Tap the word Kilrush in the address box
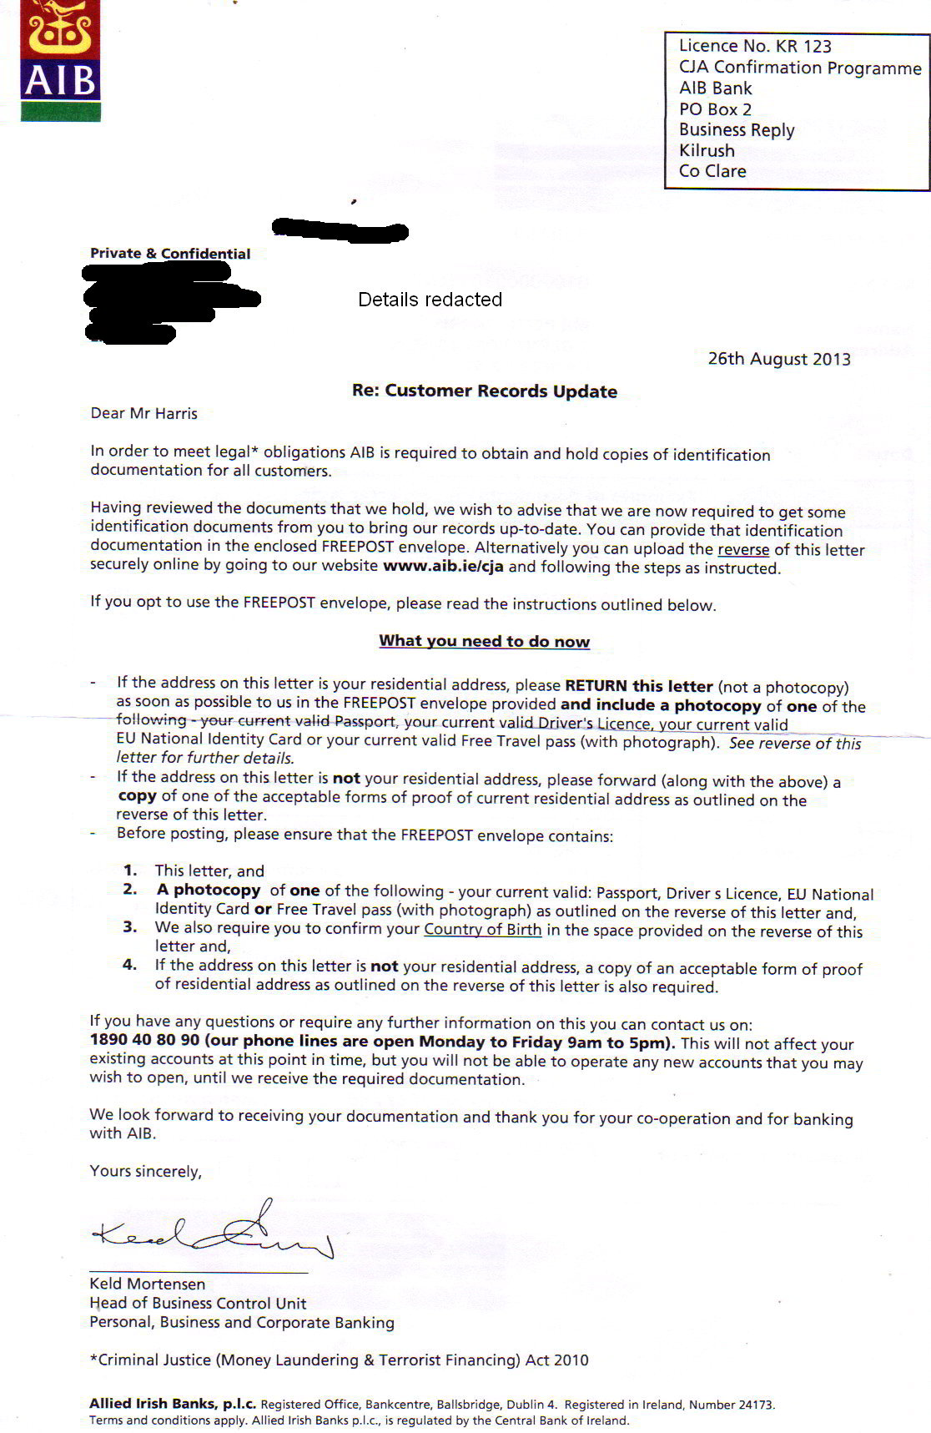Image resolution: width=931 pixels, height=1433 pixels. click(707, 150)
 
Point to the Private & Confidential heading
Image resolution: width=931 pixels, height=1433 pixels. click(170, 254)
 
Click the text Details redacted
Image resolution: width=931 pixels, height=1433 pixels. click(430, 300)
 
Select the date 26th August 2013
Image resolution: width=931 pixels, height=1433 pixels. click(779, 359)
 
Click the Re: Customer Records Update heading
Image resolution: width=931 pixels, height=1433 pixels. click(485, 391)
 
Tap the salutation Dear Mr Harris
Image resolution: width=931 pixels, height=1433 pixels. click(143, 413)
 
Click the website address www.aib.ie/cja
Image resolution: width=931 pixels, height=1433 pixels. click(443, 567)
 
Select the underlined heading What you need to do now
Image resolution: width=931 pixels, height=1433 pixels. click(484, 641)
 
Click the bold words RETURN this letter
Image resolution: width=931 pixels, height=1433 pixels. click(638, 686)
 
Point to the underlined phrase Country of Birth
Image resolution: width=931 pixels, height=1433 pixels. click(483, 929)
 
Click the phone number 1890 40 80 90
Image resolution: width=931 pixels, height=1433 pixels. click(144, 1041)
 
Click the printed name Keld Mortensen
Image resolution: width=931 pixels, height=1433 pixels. click(147, 1284)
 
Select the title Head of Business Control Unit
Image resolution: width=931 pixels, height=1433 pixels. click(198, 1303)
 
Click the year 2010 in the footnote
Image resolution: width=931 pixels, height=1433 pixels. click(570, 1360)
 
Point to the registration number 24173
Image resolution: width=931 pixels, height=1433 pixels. click(751, 1405)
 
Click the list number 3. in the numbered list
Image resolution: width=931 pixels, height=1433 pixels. click(130, 926)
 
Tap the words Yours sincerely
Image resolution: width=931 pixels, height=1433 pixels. click(145, 1171)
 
